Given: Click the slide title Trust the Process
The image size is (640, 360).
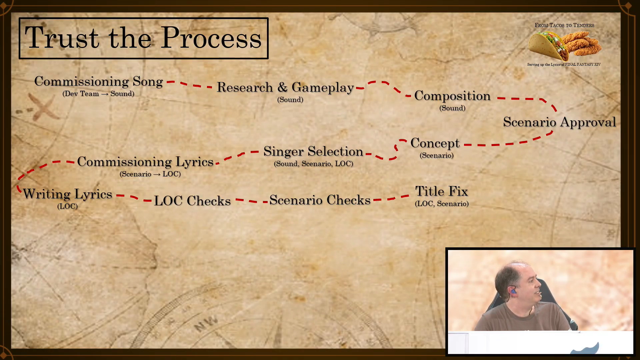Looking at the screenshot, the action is [143, 38].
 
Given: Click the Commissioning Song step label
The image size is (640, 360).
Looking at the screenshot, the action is [98, 81].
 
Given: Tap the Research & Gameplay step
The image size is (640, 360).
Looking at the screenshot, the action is [285, 87].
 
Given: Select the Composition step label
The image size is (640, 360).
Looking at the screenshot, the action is [452, 96].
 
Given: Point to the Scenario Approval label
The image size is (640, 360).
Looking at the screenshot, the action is [559, 122].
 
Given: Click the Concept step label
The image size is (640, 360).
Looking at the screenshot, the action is [435, 143].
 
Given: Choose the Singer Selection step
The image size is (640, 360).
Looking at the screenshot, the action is [313, 152].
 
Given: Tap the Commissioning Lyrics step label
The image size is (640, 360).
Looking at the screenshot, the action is [145, 162].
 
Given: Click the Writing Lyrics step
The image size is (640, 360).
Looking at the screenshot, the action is [67, 194].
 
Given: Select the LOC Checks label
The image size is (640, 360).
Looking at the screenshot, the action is [192, 201].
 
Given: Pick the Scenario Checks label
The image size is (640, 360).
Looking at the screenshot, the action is [320, 200].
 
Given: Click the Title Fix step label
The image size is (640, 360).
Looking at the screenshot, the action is [442, 191].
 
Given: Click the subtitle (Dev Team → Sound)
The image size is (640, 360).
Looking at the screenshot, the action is [98, 94].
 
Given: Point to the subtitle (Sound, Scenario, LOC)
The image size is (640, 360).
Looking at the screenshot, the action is [313, 164].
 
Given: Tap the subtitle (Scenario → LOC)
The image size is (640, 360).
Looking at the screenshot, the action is [150, 174].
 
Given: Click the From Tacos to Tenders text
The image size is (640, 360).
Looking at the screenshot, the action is [564, 25].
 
